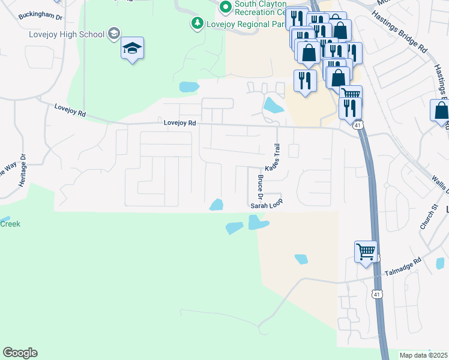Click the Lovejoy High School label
(67, 34)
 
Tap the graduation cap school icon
(132, 48)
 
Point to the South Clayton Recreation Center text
(259, 8)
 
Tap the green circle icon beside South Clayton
(225, 7)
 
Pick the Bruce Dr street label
(261, 188)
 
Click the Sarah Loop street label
(266, 205)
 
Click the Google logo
(20, 353)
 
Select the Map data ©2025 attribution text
(423, 355)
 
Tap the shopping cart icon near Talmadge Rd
(366, 251)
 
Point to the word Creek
(10, 224)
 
